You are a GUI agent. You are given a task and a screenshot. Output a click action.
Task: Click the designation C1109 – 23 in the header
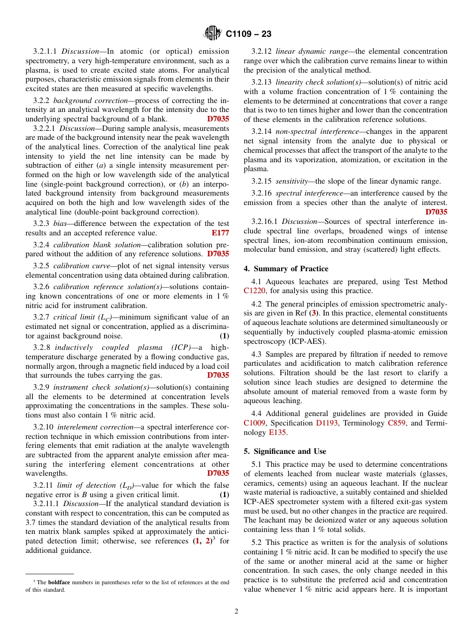tap(248, 34)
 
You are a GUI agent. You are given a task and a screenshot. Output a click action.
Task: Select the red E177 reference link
tap(220, 233)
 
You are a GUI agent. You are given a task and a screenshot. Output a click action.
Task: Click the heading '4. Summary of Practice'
tap(286, 269)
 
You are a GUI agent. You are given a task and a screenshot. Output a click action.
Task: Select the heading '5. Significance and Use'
tap(285, 451)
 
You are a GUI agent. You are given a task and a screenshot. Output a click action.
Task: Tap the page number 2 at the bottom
tap(236, 612)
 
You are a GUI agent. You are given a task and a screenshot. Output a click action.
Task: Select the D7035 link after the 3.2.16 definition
tap(436, 212)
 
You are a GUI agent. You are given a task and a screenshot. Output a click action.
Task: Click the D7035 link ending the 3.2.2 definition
tap(218, 119)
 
